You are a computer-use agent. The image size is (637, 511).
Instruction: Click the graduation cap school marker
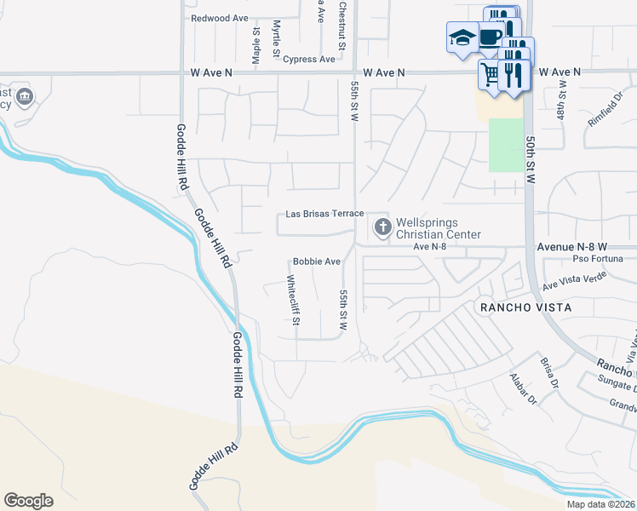(462, 37)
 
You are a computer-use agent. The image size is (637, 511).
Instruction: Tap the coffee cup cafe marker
(490, 37)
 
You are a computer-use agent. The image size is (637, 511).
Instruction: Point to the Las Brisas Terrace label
(324, 214)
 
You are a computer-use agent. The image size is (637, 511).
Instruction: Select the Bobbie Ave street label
(317, 261)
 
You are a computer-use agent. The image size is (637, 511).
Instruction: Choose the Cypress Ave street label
(311, 60)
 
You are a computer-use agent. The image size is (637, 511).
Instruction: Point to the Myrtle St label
(276, 40)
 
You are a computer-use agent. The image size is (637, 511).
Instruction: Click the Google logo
(28, 501)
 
